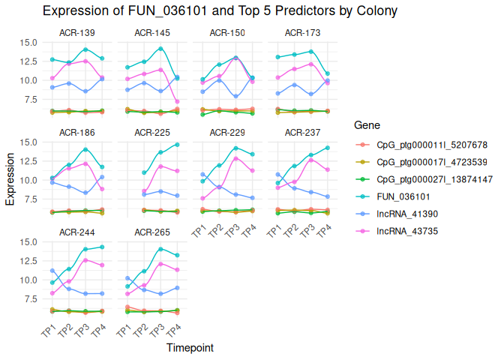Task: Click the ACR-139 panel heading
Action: [x=77, y=32]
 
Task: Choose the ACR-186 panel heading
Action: [x=77, y=132]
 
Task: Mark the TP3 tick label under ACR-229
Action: [x=232, y=230]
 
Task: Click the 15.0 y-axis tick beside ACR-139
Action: [x=33, y=42]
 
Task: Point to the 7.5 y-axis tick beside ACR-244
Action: [x=35, y=298]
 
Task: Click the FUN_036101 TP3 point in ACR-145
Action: [x=160, y=49]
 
